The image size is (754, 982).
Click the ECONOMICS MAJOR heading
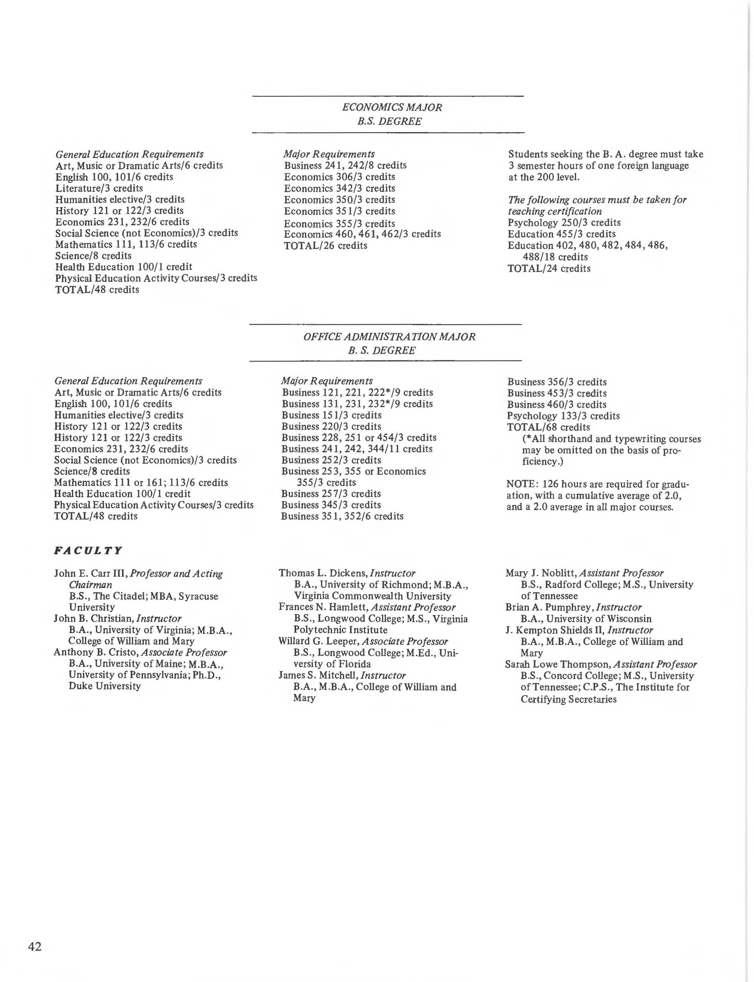[392, 107]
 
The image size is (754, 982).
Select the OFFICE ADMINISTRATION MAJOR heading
[389, 336]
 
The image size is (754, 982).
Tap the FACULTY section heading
[88, 551]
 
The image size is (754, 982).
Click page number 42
[35, 946]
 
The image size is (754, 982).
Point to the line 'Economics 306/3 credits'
[339, 177]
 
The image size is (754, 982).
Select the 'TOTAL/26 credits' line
[325, 245]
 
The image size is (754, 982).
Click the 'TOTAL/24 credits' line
[549, 268]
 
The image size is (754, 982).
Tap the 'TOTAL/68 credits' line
[548, 427]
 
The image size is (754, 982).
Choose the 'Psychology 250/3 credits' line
[564, 223]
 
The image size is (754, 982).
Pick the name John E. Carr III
[91, 574]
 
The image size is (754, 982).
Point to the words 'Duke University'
[104, 686]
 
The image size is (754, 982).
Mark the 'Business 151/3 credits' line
[331, 415]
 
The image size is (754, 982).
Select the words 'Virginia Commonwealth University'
[373, 596]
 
